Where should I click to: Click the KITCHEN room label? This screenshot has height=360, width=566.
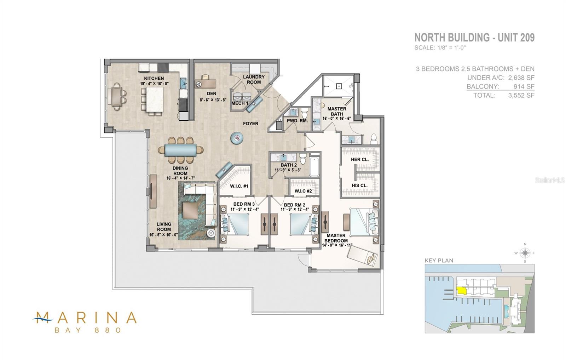point(154,78)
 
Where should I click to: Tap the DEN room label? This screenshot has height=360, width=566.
point(212,94)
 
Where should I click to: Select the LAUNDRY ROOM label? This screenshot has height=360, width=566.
point(254,79)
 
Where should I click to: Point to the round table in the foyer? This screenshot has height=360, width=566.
point(237,138)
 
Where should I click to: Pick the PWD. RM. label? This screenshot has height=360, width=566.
point(297,121)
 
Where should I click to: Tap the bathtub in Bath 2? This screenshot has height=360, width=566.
point(314,167)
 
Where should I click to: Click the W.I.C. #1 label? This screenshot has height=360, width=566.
point(239,186)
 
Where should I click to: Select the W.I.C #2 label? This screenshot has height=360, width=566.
point(303,192)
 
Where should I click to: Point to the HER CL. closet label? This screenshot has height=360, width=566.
point(360,160)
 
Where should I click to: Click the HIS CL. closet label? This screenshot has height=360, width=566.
point(359,185)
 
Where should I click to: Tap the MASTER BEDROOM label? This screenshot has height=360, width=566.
point(336,238)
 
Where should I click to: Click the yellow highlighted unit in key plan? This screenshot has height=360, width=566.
point(461,290)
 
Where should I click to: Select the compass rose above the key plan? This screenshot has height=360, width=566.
point(525,253)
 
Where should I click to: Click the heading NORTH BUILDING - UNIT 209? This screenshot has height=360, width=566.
point(474,38)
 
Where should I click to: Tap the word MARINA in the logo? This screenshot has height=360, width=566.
point(86,317)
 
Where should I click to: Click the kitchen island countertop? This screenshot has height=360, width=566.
point(155,99)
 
